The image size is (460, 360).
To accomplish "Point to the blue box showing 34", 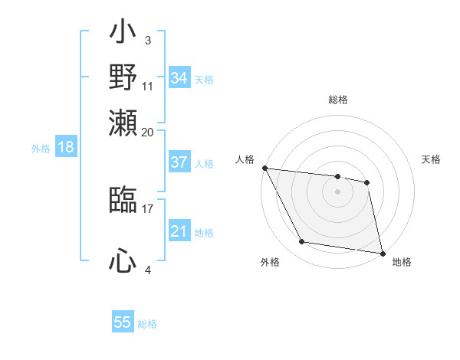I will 179,78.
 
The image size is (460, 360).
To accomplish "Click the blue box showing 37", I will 179,162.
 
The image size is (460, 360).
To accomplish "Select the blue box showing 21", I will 179,231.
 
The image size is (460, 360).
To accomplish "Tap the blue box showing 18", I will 65,147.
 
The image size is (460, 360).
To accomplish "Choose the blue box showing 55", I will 123,322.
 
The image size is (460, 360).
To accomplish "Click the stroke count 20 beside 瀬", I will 148,132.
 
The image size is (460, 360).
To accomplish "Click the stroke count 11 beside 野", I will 148,86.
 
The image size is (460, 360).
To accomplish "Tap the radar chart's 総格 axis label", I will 338,100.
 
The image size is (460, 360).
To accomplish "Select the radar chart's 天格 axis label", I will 431,159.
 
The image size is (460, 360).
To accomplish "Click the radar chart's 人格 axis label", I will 245,159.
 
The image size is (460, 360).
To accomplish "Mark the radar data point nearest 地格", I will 383,253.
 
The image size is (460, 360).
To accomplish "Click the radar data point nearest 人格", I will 264,168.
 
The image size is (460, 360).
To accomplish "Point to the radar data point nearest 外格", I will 302,242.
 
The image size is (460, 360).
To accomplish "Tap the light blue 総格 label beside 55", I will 148,324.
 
